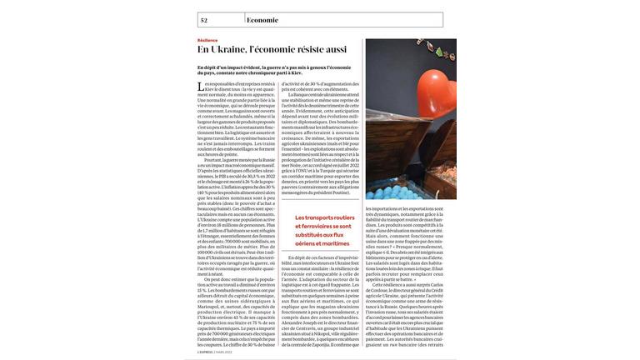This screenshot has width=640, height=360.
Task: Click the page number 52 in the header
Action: pos(204,20)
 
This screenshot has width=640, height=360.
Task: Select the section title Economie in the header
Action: pos(262,20)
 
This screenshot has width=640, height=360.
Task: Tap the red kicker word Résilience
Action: pos(207,40)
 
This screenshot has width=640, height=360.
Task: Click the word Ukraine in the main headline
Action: pos(229,50)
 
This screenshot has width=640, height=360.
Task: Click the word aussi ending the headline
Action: pos(336,50)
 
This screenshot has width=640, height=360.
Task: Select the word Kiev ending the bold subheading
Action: pos(297,72)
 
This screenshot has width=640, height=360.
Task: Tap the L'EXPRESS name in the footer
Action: pos(205,352)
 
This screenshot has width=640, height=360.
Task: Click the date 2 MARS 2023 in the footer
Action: pos(223,352)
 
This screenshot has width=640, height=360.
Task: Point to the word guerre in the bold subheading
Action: pos(277,67)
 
